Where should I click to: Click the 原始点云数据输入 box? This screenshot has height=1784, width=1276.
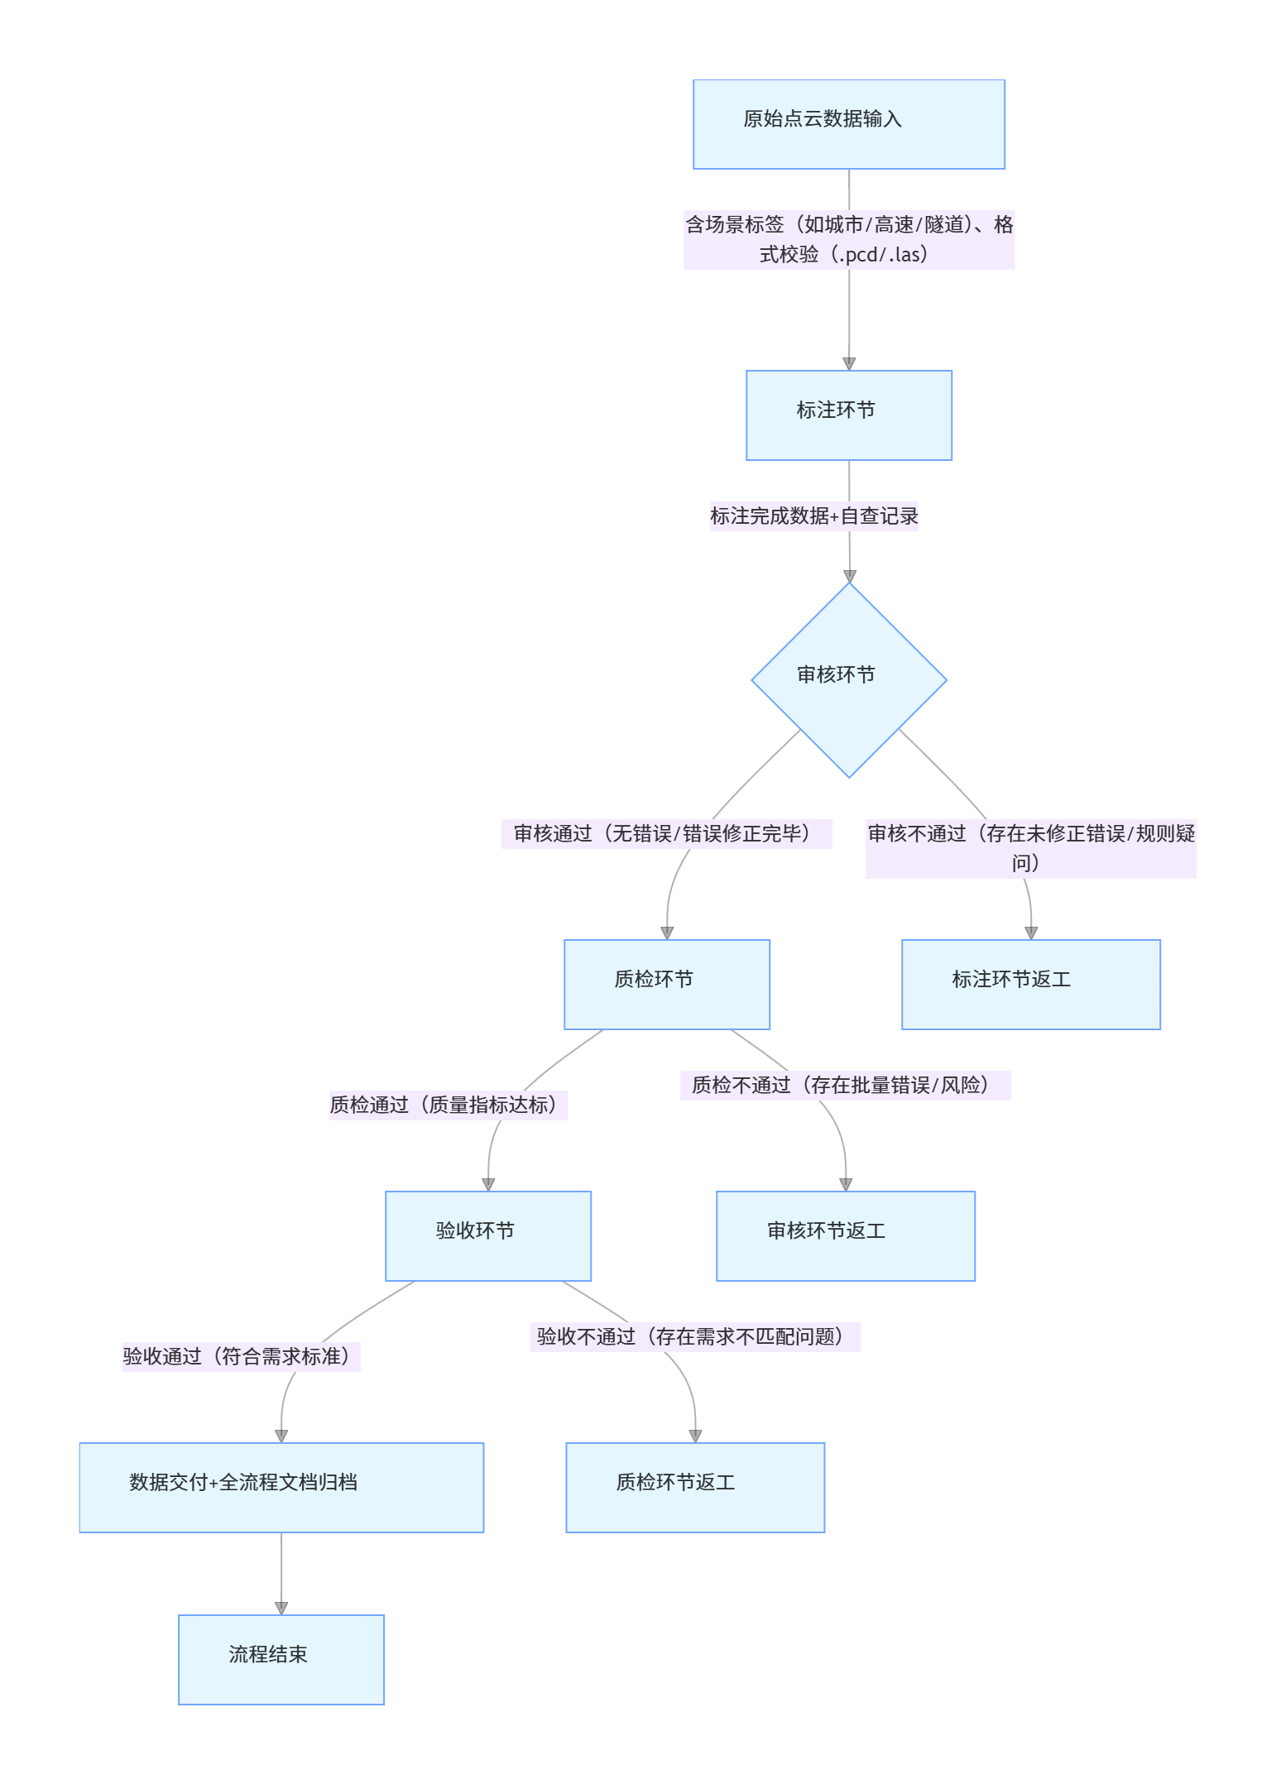pyautogui.click(x=848, y=124)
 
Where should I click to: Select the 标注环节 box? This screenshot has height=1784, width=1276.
pyautogui.click(x=848, y=415)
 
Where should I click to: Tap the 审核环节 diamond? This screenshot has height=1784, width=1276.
pyautogui.click(x=848, y=679)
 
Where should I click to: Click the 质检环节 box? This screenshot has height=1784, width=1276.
pyautogui.click(x=666, y=984)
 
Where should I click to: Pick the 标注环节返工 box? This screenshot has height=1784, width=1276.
pyautogui.click(x=1030, y=984)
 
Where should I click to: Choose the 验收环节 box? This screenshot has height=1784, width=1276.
pyautogui.click(x=487, y=1235)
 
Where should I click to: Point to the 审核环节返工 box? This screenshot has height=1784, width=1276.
pyautogui.click(x=845, y=1235)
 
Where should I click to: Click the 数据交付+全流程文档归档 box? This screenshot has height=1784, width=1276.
pyautogui.click(x=281, y=1487)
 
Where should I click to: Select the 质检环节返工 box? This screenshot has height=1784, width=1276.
pyautogui.click(x=694, y=1487)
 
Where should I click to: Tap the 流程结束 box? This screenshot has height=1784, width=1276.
pyautogui.click(x=281, y=1659)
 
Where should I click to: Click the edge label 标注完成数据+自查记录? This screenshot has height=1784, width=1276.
pyautogui.click(x=813, y=516)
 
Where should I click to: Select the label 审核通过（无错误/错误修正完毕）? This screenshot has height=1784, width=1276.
pyautogui.click(x=666, y=834)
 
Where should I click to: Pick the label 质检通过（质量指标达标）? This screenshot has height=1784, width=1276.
pyautogui.click(x=448, y=1105)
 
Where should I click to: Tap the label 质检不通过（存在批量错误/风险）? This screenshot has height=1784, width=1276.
pyautogui.click(x=845, y=1086)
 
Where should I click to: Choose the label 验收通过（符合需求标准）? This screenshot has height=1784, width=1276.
pyautogui.click(x=241, y=1357)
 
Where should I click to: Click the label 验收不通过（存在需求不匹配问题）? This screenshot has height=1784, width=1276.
pyautogui.click(x=694, y=1337)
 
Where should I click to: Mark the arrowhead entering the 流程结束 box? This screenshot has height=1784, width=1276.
pyautogui.click(x=281, y=1608)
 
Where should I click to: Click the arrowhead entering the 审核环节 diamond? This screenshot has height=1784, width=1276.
pyautogui.click(x=849, y=576)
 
